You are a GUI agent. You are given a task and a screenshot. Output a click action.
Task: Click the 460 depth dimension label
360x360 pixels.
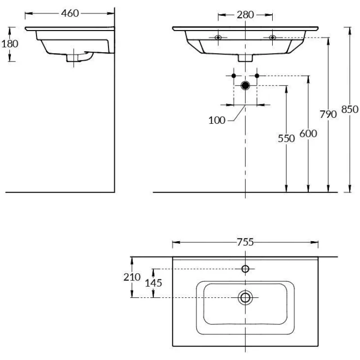(70, 13)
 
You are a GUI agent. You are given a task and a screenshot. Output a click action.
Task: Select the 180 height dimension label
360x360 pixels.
(9, 44)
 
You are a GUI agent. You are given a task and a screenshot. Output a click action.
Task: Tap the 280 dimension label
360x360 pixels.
(245, 15)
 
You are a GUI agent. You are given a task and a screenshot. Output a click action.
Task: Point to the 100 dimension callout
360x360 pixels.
(217, 120)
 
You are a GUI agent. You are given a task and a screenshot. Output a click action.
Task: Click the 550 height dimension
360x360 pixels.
(286, 139)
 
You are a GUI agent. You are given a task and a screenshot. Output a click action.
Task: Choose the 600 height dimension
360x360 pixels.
(308, 133)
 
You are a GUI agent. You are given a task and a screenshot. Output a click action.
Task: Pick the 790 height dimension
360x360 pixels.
(328, 114)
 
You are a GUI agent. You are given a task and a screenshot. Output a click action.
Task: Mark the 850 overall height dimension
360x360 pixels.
(350, 109)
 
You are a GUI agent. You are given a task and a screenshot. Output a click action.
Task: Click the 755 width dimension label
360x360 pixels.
(245, 242)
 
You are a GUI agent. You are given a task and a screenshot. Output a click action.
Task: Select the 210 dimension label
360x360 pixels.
(132, 277)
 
